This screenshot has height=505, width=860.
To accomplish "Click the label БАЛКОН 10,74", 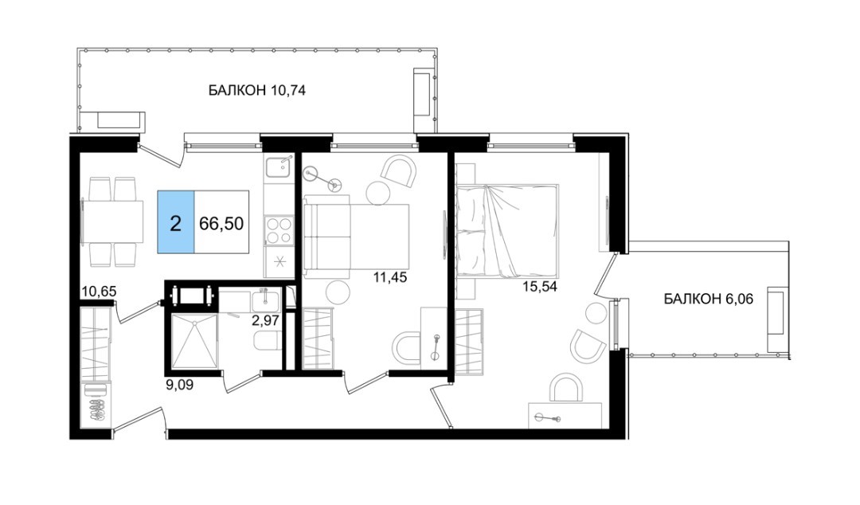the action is (x=256, y=90).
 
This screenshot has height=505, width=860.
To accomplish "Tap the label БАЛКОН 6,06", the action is (x=708, y=299).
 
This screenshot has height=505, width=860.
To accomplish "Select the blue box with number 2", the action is (x=175, y=221).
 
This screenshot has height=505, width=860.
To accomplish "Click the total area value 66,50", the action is (x=221, y=223).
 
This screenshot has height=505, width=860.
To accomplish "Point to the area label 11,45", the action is (x=390, y=278).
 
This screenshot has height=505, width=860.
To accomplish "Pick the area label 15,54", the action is (x=540, y=287).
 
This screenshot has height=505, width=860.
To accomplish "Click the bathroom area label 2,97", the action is (x=265, y=320).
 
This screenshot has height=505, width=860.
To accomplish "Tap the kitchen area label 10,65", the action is (x=99, y=292).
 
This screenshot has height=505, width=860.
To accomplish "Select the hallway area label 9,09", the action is (x=179, y=385).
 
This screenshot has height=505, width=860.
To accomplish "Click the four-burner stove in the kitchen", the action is (x=279, y=230).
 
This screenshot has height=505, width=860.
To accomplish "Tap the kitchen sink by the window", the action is (x=279, y=166).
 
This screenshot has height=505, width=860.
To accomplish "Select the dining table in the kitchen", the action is (x=113, y=221).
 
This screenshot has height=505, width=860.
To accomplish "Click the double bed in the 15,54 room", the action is (x=507, y=230).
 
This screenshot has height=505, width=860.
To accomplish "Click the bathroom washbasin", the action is (x=266, y=300).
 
